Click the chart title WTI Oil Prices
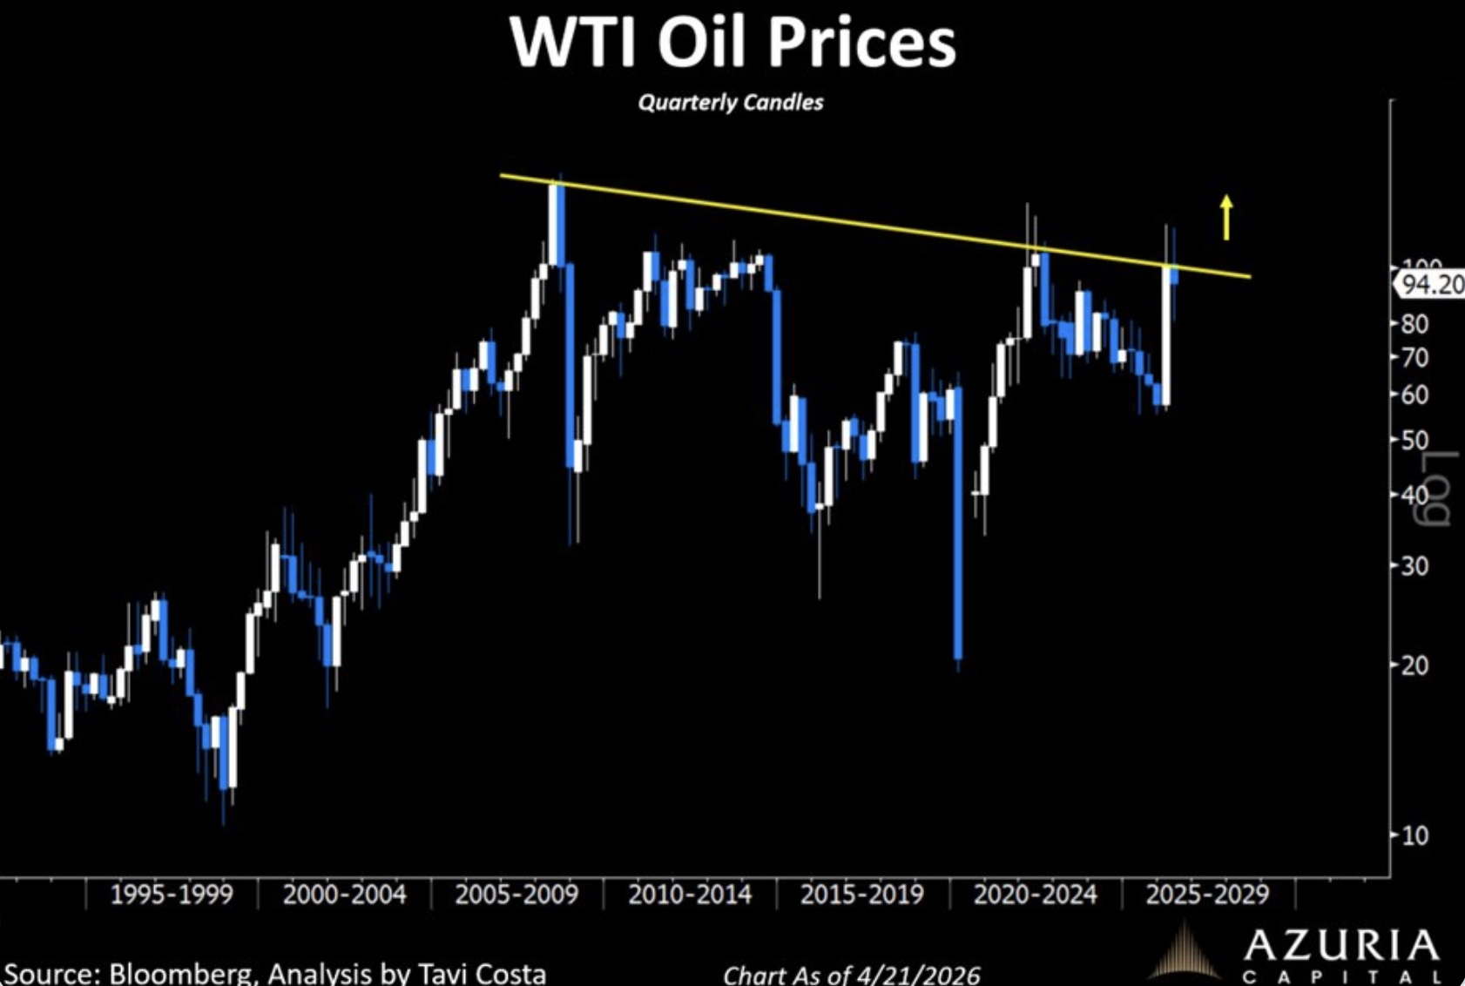pos(732,42)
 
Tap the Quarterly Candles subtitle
pos(730,103)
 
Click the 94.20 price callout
pos(1432,284)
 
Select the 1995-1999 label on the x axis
pos(172,895)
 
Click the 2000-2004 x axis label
pos(344,895)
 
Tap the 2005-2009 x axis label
pos(516,895)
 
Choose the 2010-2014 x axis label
pos(689,895)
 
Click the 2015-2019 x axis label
pos(861,895)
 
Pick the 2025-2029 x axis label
pos(1207,895)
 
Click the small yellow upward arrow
pos(1226,216)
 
